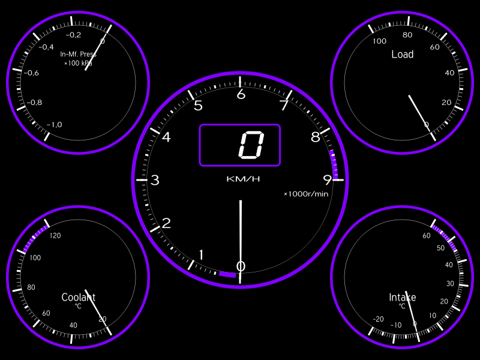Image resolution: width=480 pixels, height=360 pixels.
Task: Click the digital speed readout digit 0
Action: [x=251, y=145]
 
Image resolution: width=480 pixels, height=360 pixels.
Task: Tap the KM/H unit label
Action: [x=243, y=179]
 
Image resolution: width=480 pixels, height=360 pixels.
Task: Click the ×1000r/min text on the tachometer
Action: [x=306, y=194]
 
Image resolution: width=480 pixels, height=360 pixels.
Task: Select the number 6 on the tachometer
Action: [x=241, y=94]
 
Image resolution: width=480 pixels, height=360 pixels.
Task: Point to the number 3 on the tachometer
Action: [x=155, y=180]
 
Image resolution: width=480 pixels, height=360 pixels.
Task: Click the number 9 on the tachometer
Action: [x=328, y=180]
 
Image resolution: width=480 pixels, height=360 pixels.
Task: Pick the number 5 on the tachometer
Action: [x=198, y=106]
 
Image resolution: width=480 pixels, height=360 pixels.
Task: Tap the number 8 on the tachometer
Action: [x=316, y=137]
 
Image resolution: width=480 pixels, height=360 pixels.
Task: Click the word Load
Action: [x=402, y=55]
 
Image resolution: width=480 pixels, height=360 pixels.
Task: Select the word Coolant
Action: [x=79, y=297]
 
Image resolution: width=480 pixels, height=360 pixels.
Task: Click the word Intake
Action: [x=402, y=297]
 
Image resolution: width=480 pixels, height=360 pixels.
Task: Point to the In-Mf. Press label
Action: [x=79, y=54]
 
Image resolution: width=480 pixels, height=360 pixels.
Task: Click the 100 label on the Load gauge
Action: [x=380, y=41]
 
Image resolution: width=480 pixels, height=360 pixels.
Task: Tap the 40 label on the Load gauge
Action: [x=449, y=73]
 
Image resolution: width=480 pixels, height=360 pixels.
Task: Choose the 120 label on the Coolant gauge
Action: [x=55, y=235]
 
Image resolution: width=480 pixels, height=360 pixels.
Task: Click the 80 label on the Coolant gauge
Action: [x=31, y=287]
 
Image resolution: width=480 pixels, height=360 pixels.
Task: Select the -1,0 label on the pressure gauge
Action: [x=55, y=125]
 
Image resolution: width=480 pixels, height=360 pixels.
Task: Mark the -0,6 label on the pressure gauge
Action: [x=31, y=73]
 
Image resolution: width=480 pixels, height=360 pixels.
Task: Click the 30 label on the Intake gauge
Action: [x=450, y=283]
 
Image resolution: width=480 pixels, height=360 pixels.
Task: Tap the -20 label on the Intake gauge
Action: [x=378, y=319]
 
